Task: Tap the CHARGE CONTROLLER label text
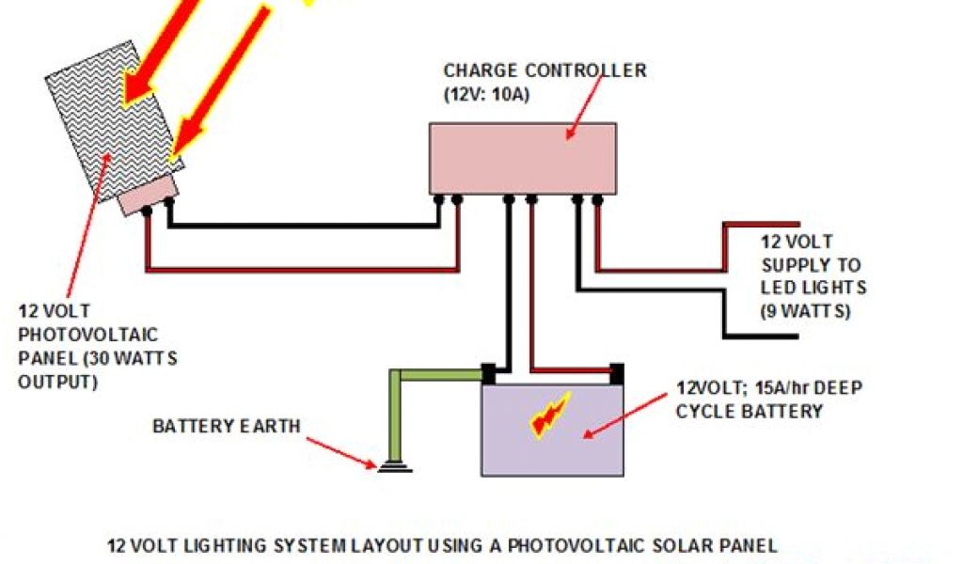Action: click(x=545, y=70)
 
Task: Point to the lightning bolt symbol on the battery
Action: click(x=551, y=415)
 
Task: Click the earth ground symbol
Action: click(x=393, y=465)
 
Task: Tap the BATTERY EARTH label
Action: click(x=227, y=426)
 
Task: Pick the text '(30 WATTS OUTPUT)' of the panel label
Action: click(x=98, y=369)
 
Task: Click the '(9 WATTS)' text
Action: click(x=805, y=311)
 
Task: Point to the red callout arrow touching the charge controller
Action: click(x=583, y=108)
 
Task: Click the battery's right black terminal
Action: click(x=617, y=373)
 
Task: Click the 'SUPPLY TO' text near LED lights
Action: click(x=811, y=265)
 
